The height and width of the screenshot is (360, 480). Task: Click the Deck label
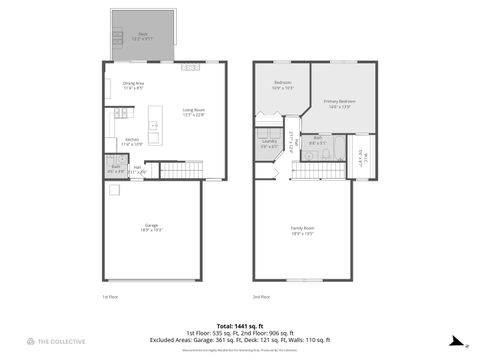[x=141, y=35]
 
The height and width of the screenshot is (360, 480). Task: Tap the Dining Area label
[x=134, y=85]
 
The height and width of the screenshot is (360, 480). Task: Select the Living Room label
[x=193, y=112]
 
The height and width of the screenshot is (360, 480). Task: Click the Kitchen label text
[x=132, y=142]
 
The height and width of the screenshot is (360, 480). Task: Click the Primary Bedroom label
[x=339, y=103]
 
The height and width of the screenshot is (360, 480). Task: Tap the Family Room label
[x=302, y=232]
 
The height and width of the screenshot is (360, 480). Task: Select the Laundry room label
[x=269, y=144]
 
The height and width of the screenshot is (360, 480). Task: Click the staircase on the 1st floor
[x=175, y=170]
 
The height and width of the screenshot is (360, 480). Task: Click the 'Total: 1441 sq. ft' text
[x=239, y=325]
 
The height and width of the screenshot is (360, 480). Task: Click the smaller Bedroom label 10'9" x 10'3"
[x=282, y=85]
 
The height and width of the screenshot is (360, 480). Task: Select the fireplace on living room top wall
[x=190, y=68]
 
